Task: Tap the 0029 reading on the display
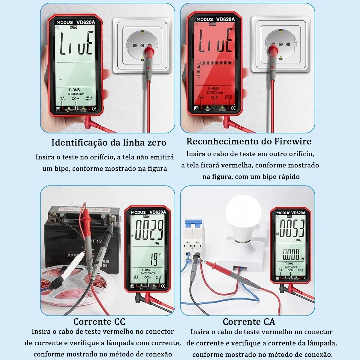(x=149, y=230)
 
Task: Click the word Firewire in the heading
(x=293, y=141)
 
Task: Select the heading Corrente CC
(x=99, y=322)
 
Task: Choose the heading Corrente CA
(x=249, y=322)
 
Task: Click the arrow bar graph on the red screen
(x=214, y=64)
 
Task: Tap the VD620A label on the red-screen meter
(x=225, y=19)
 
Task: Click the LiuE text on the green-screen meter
(x=76, y=44)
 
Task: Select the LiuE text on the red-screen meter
(x=216, y=41)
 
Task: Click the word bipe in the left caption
(x=61, y=169)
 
